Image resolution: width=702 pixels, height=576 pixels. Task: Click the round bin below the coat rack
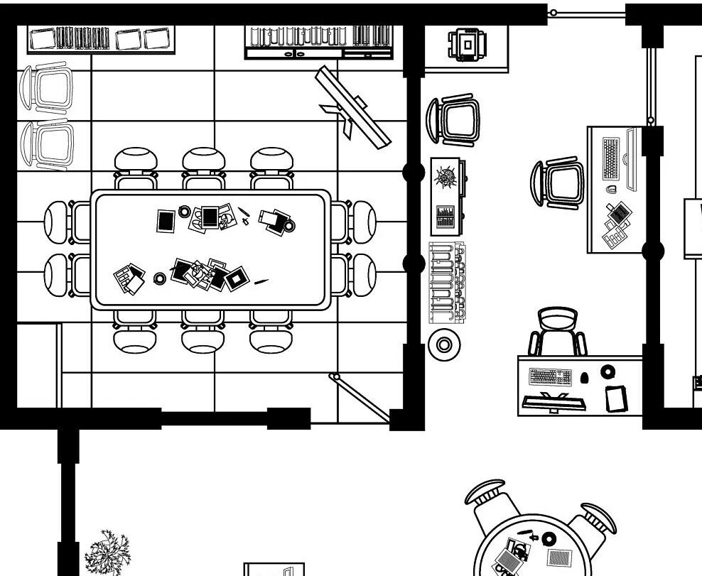point(445,345)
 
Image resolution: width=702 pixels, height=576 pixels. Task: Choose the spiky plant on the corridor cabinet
point(447,176)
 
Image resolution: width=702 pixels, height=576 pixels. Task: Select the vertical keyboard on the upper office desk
point(611,158)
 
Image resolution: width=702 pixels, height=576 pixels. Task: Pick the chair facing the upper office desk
point(558,184)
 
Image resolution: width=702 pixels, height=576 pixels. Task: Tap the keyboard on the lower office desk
point(551,376)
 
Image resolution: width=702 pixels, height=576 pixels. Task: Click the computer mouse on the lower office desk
point(584,377)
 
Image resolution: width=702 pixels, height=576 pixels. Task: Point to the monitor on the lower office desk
point(554,403)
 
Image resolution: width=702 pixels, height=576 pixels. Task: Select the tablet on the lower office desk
point(617,398)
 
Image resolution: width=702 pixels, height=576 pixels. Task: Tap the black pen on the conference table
point(261,282)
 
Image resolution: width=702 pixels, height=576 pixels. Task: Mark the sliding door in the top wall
point(586,12)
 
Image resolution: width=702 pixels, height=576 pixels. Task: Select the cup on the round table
point(550,539)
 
